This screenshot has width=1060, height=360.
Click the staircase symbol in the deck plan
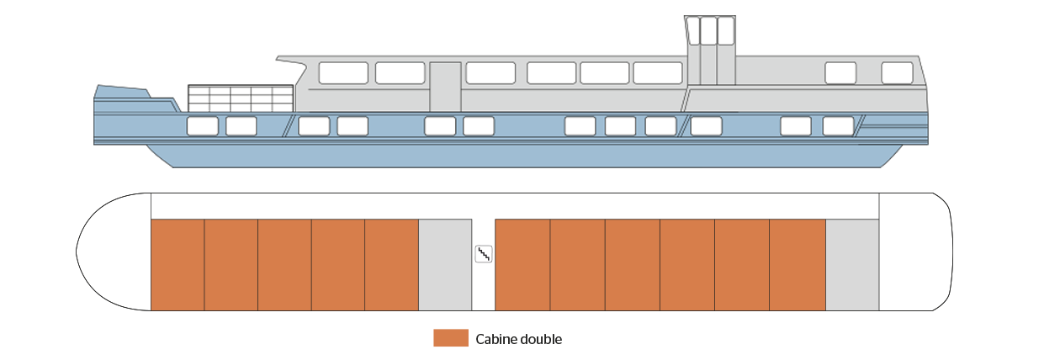point(483,254)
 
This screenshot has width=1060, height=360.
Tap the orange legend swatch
point(451,338)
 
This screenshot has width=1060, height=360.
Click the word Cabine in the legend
point(495,339)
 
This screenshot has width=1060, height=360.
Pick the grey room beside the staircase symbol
point(445,265)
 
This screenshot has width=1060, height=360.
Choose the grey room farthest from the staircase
point(852,265)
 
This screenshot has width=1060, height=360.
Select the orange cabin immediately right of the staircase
point(522,265)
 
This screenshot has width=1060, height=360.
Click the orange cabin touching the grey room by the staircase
point(391,265)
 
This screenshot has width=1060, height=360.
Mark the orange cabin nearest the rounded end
point(178,265)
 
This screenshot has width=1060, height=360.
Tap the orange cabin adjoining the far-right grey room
point(798,265)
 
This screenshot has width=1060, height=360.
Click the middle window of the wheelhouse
point(708,31)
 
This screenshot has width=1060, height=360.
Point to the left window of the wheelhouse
point(693,31)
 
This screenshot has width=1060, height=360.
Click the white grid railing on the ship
point(241,98)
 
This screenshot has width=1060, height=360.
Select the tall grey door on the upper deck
point(445,87)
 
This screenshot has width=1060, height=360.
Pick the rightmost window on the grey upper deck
point(897,73)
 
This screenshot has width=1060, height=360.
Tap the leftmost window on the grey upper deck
point(343,73)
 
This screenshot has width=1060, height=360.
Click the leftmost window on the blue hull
point(203,126)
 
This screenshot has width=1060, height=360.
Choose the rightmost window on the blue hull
point(838,126)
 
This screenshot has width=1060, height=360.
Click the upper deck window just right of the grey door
point(490,73)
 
